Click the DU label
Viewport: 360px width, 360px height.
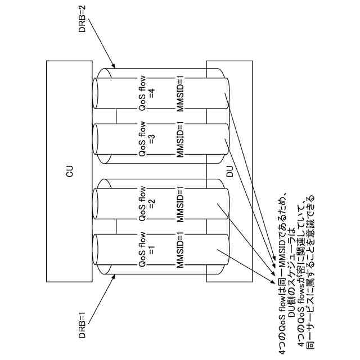coord(229,171)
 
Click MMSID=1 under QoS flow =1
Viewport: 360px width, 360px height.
coord(181,250)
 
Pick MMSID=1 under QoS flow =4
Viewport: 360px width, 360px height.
coord(181,94)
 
